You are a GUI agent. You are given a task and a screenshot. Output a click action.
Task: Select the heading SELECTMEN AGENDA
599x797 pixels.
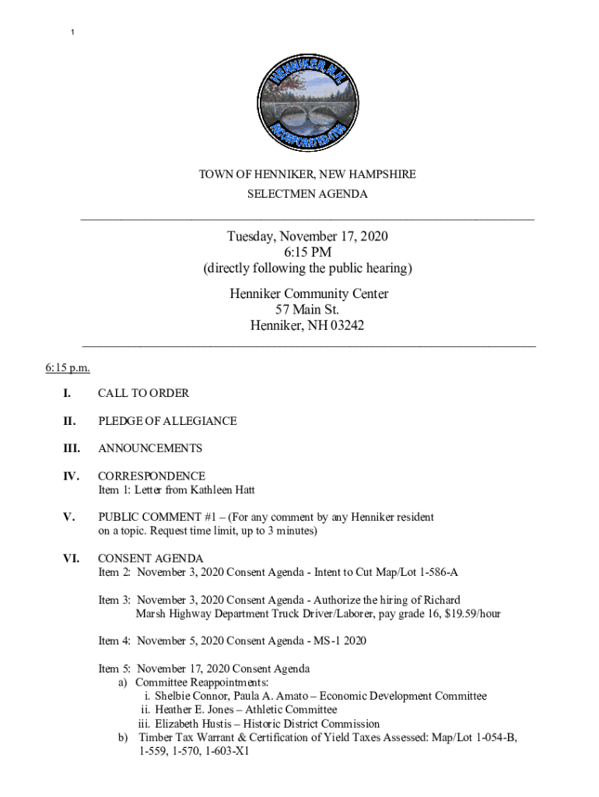(x=307, y=194)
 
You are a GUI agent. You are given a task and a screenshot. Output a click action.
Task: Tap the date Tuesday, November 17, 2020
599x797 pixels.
(x=307, y=236)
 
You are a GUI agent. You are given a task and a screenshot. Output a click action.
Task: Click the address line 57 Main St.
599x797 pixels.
(x=307, y=310)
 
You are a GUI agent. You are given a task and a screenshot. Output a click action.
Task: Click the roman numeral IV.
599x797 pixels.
(x=68, y=476)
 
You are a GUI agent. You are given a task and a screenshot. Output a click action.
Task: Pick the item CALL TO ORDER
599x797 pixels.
(x=143, y=394)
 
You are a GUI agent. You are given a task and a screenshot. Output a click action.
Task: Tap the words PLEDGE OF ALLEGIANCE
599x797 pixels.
(x=167, y=421)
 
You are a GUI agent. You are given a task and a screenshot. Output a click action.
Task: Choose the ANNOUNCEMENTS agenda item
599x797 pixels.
(x=150, y=448)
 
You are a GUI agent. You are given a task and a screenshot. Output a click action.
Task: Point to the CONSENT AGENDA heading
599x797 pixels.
(x=150, y=558)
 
